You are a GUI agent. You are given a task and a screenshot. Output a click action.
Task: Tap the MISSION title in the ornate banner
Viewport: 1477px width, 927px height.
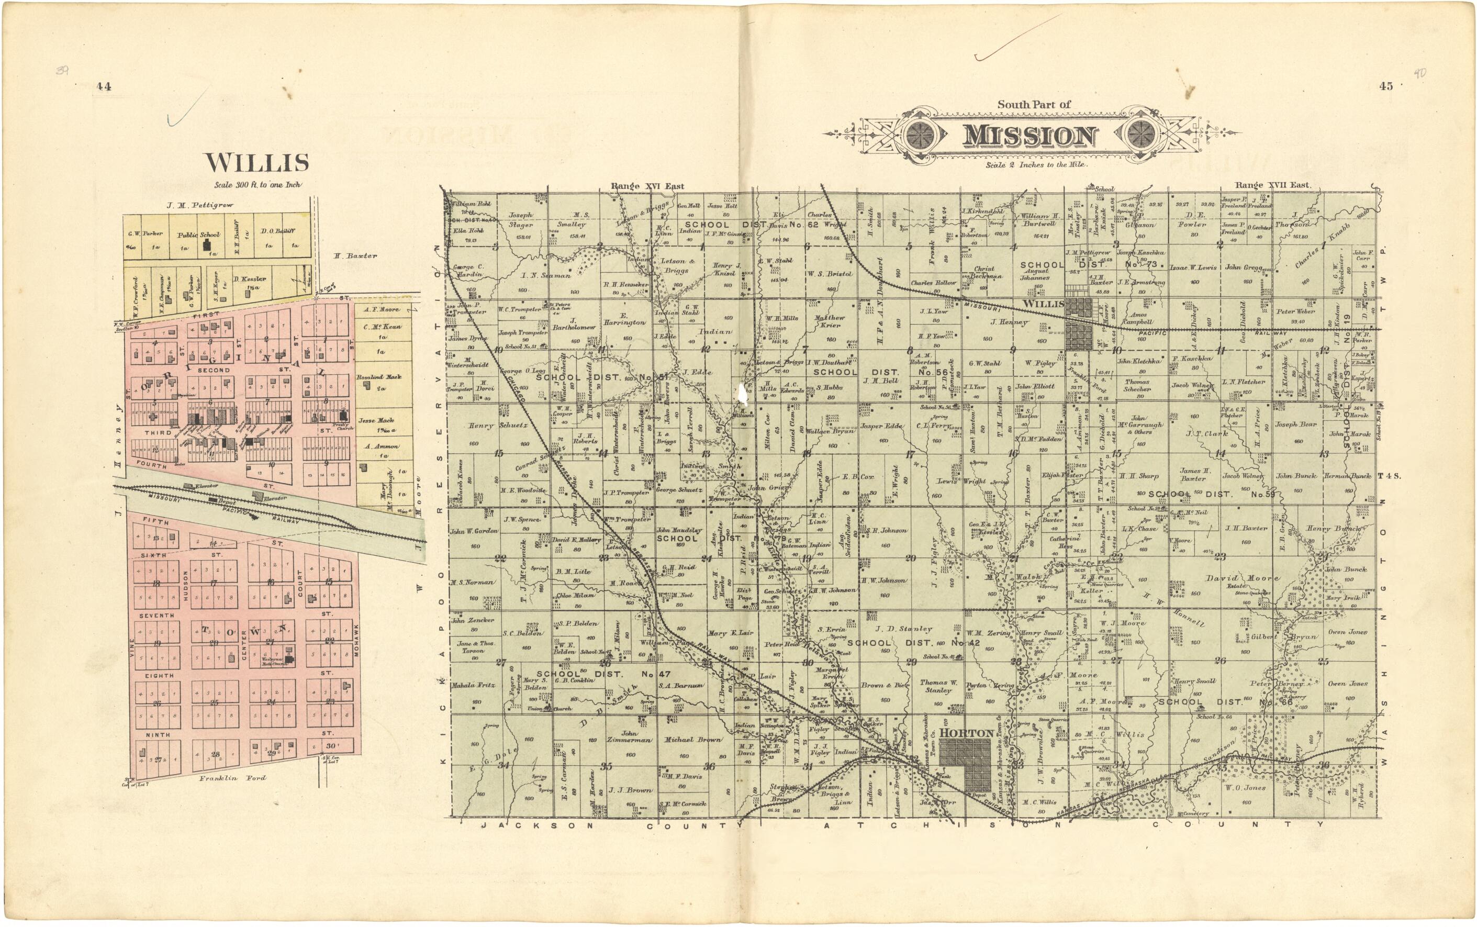[x=1029, y=136]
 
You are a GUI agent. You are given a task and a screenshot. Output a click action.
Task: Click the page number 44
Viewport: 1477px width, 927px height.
[x=103, y=86]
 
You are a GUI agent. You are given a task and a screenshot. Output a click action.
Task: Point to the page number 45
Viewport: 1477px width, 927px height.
[x=1386, y=86]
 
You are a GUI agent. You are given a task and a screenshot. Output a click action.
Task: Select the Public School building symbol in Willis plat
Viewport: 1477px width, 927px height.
[x=207, y=246]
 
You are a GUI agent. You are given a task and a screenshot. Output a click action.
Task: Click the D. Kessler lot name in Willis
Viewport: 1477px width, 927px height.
[x=250, y=279]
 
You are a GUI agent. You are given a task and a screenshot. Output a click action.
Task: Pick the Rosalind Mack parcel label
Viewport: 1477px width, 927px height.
[x=379, y=377]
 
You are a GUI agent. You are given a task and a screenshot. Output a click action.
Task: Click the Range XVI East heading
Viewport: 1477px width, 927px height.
[x=647, y=186]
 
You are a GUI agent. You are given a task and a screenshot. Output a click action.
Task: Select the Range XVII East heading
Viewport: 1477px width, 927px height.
[x=1272, y=185]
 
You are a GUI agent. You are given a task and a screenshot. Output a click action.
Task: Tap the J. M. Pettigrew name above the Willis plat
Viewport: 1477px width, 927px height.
[x=200, y=205]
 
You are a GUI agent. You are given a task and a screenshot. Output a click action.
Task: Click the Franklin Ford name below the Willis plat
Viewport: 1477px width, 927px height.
[x=232, y=778]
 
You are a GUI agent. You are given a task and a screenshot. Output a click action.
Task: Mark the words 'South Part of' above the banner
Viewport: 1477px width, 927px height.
[x=1033, y=105]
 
